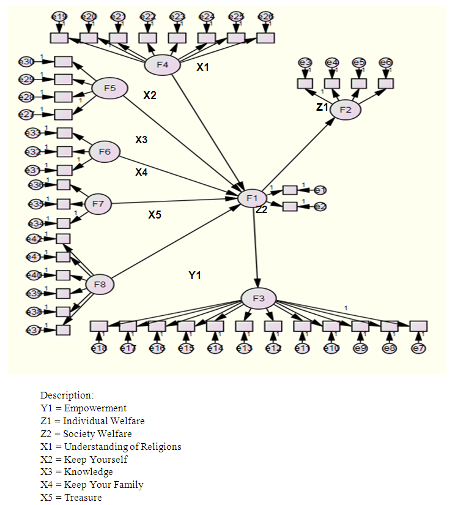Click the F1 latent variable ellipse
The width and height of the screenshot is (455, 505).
251,198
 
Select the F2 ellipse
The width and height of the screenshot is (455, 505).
346,110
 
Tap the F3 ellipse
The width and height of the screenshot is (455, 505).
259,299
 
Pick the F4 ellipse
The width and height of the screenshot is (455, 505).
163,64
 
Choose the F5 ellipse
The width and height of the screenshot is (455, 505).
109,89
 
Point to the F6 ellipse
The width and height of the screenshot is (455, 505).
104,152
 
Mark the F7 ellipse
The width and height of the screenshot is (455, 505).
98,203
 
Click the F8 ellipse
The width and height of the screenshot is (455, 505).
100,284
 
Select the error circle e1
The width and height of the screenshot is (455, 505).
320,190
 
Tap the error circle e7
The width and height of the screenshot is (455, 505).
418,348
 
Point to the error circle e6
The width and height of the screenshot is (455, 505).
386,62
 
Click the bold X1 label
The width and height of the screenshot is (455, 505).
202,67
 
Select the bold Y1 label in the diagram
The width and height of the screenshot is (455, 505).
194,276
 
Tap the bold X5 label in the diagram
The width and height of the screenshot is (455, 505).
155,215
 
